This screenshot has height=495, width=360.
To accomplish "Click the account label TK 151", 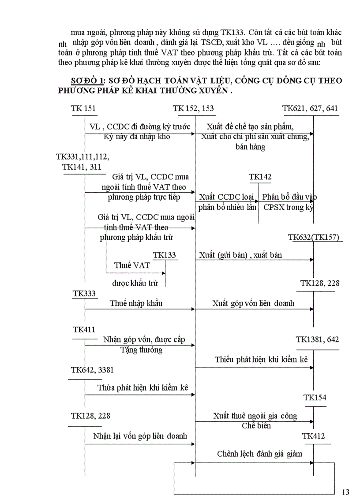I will click(83, 108).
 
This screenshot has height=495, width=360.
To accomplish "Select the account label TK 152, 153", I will click(193, 108).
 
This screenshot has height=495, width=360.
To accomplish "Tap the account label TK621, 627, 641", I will click(311, 108).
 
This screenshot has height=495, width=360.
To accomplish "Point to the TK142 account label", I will click(260, 177).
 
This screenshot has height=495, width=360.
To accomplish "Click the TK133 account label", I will click(164, 255).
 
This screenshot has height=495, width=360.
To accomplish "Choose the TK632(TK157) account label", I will click(314, 237).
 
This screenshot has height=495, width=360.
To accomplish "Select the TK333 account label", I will click(84, 293).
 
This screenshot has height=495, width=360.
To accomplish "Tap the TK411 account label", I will click(84, 329).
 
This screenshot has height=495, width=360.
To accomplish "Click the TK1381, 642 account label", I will click(317, 339).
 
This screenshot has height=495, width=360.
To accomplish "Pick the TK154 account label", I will click(315, 398).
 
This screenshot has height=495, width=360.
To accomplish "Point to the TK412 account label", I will click(314, 436).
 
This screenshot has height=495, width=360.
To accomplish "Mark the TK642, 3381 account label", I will click(92, 370).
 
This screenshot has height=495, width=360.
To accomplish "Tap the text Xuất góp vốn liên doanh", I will click(253, 303).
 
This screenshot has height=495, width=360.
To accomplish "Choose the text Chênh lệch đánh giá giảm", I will click(259, 454).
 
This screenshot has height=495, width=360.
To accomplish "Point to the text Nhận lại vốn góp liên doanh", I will click(140, 436).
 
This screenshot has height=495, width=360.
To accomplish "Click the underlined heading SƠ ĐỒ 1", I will click(86, 81).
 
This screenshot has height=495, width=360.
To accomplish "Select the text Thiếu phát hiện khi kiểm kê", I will click(261, 359).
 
